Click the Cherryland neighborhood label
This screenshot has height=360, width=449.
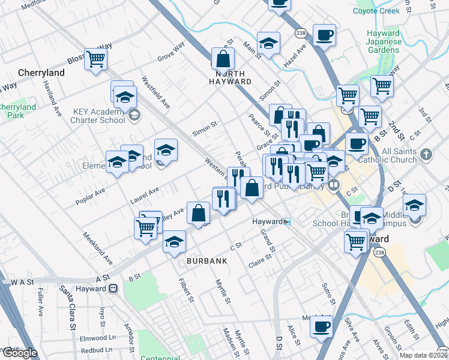(41, 72)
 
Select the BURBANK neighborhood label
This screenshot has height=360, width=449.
(206, 261)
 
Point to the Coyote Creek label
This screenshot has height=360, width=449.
(376, 11)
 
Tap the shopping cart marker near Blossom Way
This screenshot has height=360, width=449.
(96, 59)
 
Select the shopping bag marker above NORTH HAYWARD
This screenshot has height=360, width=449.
(223, 59)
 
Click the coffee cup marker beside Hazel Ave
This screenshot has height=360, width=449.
(324, 35)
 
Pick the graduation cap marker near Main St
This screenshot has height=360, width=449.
(268, 43)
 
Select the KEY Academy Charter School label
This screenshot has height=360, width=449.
(99, 115)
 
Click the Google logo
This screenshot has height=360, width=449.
(19, 353)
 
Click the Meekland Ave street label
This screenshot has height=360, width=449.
(98, 248)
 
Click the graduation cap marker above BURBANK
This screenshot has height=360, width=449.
(175, 241)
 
